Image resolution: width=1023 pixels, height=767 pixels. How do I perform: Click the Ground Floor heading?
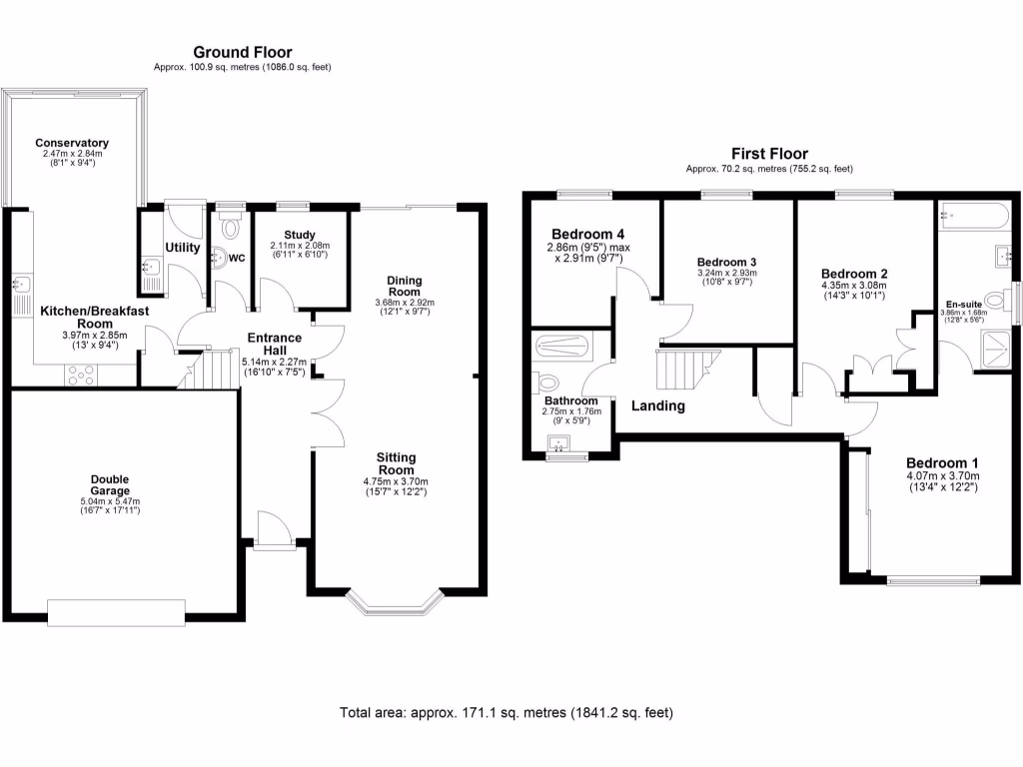[242, 52]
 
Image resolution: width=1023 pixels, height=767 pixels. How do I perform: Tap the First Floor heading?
[768, 154]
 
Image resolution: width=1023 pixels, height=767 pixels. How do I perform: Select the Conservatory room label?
[71, 143]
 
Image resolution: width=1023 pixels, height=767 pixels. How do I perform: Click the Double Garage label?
[110, 485]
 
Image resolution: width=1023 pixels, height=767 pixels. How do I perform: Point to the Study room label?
[299, 235]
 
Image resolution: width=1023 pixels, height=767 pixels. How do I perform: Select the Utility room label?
[183, 247]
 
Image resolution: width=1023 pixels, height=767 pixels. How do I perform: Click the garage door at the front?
[116, 611]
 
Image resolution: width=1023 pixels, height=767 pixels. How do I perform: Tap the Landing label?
[657, 405]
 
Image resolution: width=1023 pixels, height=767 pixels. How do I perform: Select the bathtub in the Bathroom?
[564, 348]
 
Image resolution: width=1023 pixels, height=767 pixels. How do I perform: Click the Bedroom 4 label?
[587, 234]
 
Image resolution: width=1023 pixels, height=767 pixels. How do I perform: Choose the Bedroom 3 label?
[726, 262]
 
